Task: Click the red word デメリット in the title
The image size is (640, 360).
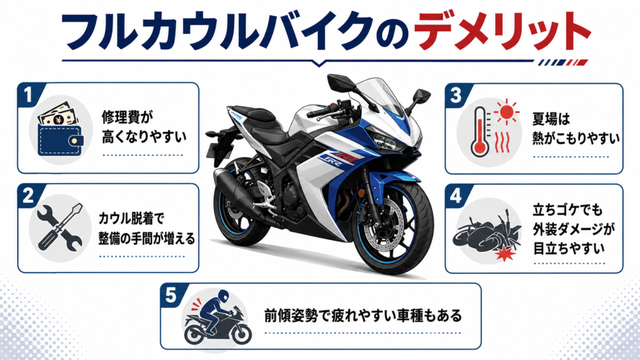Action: pyautogui.click(x=501, y=31)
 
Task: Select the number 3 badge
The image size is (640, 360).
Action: pyautogui.click(x=456, y=96)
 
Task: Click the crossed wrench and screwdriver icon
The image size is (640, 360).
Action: pyautogui.click(x=60, y=227)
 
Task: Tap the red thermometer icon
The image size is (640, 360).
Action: pyautogui.click(x=479, y=132)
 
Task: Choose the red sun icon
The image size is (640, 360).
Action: pyautogui.click(x=506, y=111)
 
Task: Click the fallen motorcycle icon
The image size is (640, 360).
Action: pyautogui.click(x=485, y=232)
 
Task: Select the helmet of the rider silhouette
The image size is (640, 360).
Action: pyautogui.click(x=222, y=296)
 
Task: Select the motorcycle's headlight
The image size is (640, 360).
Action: pyautogui.click(x=382, y=139)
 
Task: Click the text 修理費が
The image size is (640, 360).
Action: pyautogui.click(x=127, y=117)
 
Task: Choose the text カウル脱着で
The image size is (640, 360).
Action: pyautogui.click(x=131, y=218)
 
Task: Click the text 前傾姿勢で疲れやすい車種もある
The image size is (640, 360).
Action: pyautogui.click(x=363, y=316)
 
